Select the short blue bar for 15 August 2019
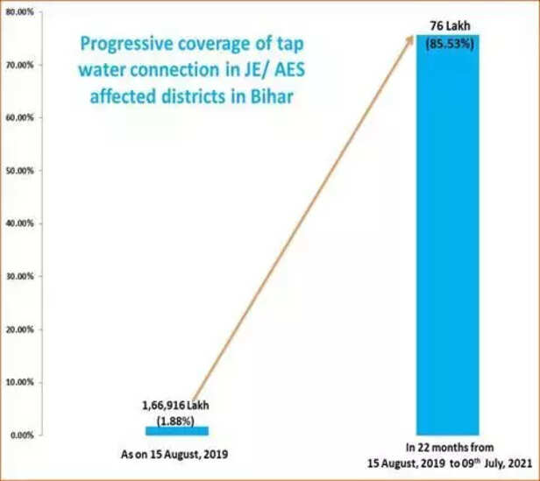176,430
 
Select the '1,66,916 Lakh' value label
176,406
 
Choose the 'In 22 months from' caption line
447,446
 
